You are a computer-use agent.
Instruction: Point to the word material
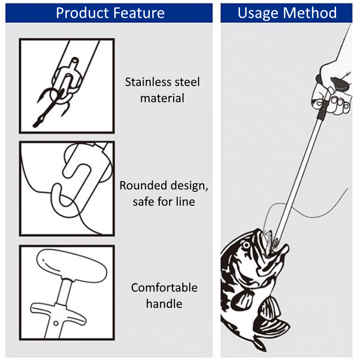(x=162, y=98)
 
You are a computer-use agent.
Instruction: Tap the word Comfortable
(x=164, y=288)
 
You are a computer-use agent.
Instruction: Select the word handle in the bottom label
(x=164, y=304)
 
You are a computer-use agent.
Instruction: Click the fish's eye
(x=246, y=245)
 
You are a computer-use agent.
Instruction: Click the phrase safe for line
(x=164, y=202)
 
